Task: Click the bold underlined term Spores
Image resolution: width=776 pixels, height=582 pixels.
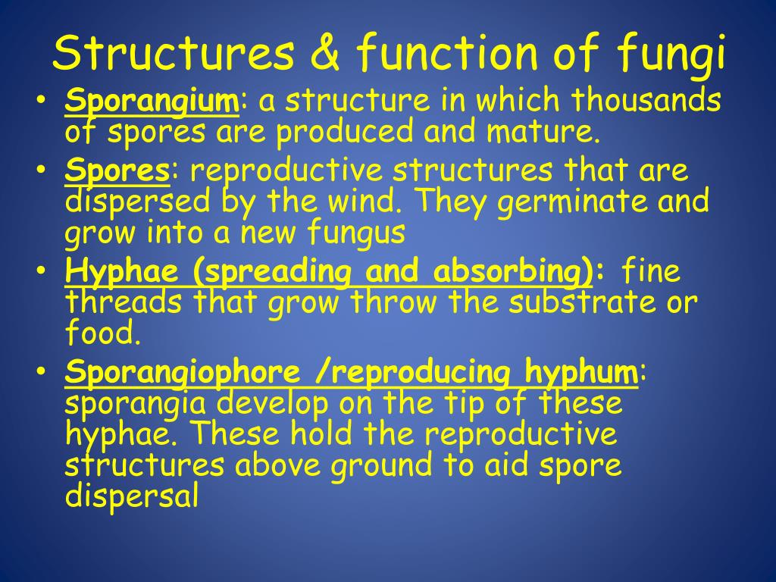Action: coord(117,171)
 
